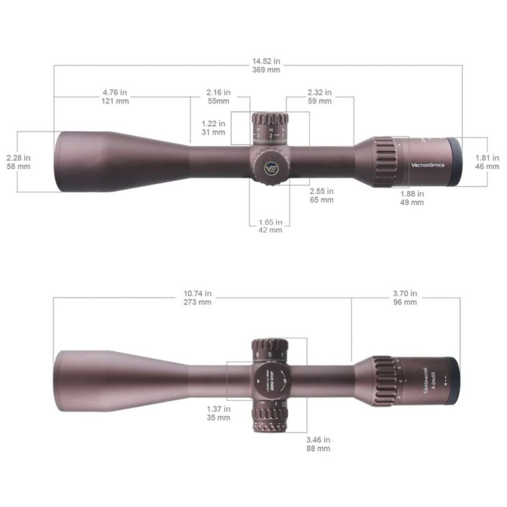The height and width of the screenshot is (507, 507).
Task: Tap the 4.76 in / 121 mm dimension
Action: point(115,97)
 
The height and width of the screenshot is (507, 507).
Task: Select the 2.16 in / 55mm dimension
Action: point(218,97)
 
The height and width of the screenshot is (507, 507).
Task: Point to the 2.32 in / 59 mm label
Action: point(319,97)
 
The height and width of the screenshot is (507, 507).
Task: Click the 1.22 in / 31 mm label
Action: point(213,128)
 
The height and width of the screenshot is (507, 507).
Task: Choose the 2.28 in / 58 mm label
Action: point(18,162)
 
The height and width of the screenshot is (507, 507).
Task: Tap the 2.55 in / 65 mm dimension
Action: point(321,195)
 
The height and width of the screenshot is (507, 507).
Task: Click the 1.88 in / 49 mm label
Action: point(412,198)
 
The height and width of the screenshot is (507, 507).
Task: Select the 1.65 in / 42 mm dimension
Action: point(270,226)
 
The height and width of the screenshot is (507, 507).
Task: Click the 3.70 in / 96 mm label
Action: point(405,297)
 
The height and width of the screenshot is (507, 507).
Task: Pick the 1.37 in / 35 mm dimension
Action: point(219,413)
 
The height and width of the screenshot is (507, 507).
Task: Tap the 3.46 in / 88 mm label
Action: point(318,444)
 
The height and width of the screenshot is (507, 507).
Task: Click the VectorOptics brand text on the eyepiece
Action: point(428,165)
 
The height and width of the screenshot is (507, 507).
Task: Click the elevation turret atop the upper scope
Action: point(269,128)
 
